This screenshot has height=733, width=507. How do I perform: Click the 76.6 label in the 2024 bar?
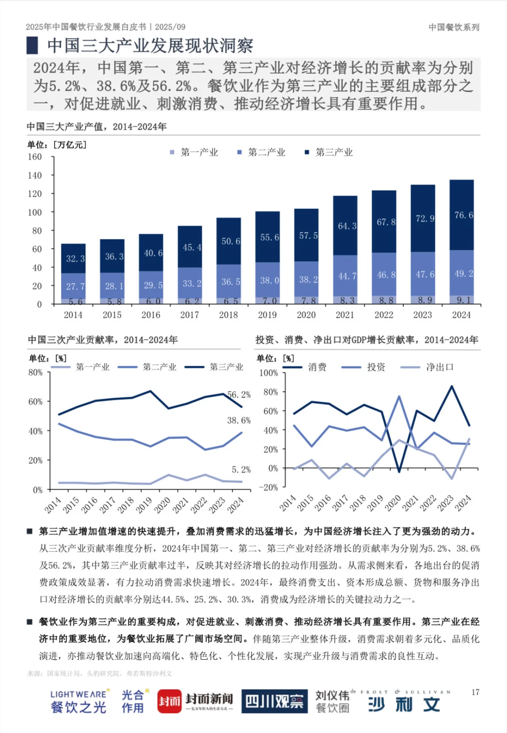tap(463, 215)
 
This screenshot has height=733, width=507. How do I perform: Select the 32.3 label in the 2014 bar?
tap(75, 259)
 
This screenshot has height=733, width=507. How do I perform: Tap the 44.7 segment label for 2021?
tap(347, 276)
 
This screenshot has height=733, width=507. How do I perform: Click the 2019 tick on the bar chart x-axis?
tap(267, 315)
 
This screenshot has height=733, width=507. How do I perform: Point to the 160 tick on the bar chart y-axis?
tap(35, 157)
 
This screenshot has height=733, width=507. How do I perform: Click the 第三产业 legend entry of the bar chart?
tap(329, 152)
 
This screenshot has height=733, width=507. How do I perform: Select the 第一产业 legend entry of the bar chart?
tap(194, 152)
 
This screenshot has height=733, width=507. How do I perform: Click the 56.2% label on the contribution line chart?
tap(239, 395)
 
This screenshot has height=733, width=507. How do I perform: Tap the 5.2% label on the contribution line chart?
tap(241, 469)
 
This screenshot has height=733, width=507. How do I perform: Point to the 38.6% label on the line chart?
tap(239, 420)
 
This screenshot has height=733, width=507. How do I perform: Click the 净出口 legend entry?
tap(439, 367)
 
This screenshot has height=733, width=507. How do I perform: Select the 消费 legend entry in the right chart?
tap(317, 367)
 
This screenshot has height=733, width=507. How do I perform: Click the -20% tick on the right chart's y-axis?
tap(269, 488)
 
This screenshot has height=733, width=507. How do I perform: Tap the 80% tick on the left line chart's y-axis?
tap(35, 373)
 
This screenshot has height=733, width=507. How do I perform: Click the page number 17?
tap(476, 692)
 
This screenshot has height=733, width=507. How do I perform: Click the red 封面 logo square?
tap(169, 702)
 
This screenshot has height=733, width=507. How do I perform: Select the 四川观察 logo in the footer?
tap(275, 702)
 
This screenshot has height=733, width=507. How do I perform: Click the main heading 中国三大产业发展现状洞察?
tap(150, 46)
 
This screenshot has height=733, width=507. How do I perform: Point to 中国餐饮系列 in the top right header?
tap(454, 27)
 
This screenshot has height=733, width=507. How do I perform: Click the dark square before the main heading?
tap(32, 46)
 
